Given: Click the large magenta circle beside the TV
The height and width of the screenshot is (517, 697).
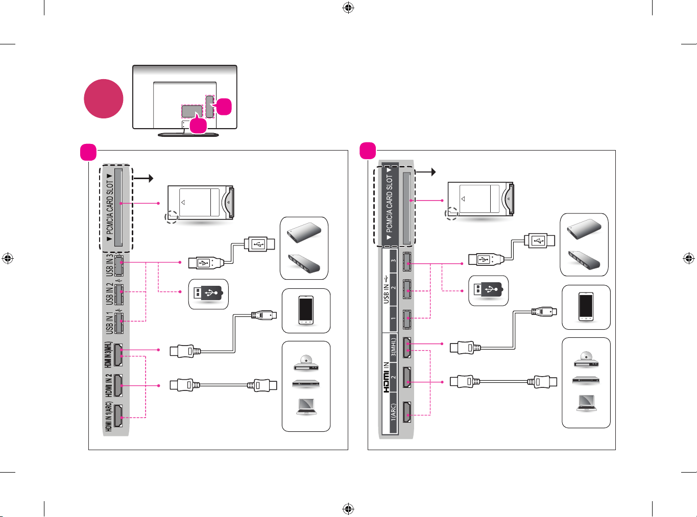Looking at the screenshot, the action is click(103, 99).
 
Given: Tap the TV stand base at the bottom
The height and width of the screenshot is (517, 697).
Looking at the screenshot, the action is click(188, 135).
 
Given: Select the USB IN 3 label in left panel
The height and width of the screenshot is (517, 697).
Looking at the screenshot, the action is click(109, 265).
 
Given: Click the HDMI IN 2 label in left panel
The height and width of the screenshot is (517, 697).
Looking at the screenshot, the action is click(109, 385).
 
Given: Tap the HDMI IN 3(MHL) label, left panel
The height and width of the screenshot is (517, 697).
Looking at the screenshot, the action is click(108, 355).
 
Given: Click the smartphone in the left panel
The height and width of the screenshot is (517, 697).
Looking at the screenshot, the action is click(306, 310).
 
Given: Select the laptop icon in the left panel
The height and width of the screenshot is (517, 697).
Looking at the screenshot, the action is click(306, 407).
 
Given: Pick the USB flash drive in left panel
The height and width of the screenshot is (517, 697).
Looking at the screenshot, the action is click(208, 293).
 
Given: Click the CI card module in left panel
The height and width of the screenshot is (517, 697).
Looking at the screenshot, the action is click(201, 203).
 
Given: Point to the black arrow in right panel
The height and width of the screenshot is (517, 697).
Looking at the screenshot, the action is click(425, 172).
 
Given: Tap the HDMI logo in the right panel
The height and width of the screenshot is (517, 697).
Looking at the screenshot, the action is click(386, 381).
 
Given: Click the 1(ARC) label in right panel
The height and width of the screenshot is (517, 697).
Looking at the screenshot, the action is click(393, 413).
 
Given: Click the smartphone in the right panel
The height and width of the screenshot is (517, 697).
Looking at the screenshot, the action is click(586, 307).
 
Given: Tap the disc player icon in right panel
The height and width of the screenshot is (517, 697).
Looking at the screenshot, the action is click(586, 359).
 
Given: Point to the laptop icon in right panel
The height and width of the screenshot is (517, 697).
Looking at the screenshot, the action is click(586, 403).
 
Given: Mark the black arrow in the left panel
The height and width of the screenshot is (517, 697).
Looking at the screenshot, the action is click(143, 179).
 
